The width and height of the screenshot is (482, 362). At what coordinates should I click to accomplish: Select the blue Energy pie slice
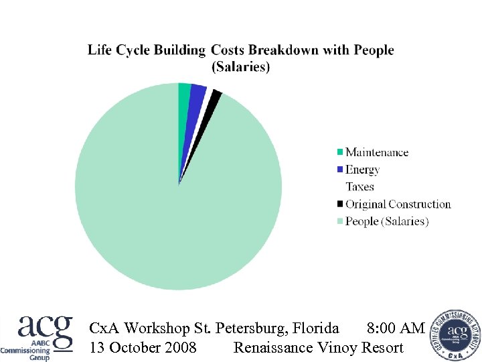pos(196,99)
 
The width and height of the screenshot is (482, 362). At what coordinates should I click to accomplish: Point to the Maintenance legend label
pos(377,152)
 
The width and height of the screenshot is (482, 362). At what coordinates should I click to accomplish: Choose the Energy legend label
pos(362,170)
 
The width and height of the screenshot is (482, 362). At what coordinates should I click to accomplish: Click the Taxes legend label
pos(359,187)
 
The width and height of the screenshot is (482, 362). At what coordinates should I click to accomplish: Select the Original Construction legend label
pos(398,204)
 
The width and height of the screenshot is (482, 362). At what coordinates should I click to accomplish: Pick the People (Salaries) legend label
pos(387,221)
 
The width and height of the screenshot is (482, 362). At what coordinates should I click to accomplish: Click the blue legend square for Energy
pos(341,170)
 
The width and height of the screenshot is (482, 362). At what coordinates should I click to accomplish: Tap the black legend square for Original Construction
pos(341,204)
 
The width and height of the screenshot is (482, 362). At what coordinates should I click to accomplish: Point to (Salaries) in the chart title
pos(240,67)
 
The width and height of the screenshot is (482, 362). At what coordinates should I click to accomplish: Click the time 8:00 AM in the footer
pos(396,328)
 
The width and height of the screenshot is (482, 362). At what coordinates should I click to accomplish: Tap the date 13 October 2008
pos(143,347)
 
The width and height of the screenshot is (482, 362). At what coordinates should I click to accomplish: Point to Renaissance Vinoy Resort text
pos(318,347)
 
